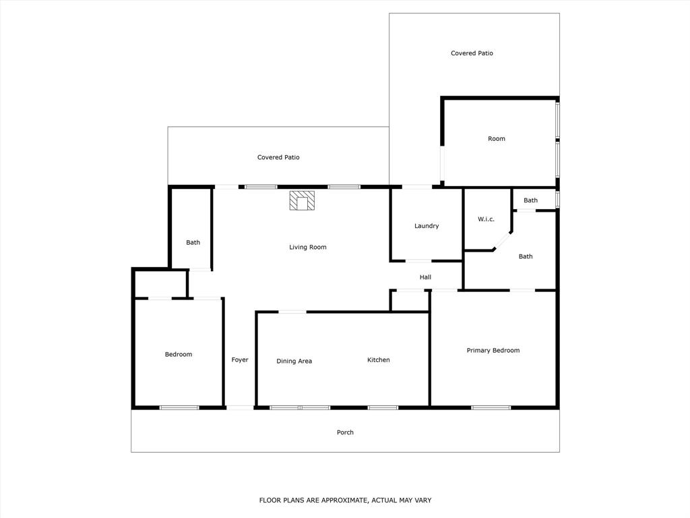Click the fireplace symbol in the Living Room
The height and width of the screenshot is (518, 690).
click(303, 201)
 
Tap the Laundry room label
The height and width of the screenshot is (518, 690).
click(427, 226)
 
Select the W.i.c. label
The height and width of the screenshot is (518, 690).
click(487, 219)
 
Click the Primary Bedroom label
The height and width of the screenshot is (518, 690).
click(493, 351)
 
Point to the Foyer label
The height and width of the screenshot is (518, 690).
click(240, 360)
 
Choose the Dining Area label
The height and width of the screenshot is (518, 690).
click(294, 362)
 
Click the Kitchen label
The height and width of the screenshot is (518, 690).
click(379, 360)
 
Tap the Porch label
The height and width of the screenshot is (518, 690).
click(345, 432)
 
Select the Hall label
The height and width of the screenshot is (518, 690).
click(425, 277)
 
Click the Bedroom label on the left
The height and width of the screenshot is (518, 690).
click(179, 355)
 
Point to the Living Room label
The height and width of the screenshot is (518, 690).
click(308, 248)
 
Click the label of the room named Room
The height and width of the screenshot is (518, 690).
click(497, 139)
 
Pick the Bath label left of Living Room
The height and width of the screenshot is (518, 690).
click(193, 243)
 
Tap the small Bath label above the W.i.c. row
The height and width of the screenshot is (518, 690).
click(531, 200)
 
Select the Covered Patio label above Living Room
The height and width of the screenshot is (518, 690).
click(278, 158)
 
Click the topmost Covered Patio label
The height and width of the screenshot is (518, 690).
click(472, 53)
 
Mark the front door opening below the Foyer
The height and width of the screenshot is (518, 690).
click(240, 407)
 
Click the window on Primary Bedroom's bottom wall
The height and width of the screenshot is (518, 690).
click(491, 407)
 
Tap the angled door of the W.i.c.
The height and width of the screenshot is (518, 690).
click(503, 241)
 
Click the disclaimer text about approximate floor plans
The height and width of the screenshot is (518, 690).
click(345, 500)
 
